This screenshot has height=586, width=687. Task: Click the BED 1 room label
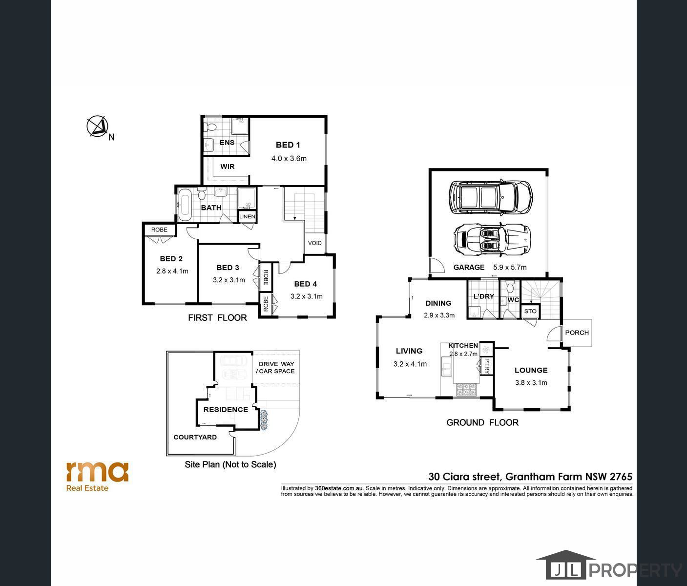(288, 145)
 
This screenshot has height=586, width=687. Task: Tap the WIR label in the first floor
(228, 167)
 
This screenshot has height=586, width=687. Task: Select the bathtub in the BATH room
(185, 205)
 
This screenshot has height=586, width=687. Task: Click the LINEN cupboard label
(247, 216)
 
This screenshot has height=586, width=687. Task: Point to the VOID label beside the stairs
(315, 243)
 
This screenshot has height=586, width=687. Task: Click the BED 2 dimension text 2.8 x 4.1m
(172, 271)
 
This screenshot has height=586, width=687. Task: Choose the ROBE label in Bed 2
(159, 230)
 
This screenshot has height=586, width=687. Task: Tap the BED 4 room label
(306, 284)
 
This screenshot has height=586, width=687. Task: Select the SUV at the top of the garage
(491, 197)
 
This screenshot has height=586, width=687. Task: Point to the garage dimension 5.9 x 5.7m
(510, 267)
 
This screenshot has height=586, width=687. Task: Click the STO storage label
(530, 311)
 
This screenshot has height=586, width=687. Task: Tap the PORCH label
(577, 333)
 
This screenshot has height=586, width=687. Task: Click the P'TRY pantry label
(487, 366)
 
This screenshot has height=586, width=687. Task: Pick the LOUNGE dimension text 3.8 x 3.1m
(531, 382)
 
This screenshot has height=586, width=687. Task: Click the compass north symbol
(98, 126)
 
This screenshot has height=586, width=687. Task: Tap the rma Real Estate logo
(97, 476)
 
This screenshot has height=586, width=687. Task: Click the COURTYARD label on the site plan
(195, 437)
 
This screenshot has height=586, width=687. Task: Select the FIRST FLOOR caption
(217, 318)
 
